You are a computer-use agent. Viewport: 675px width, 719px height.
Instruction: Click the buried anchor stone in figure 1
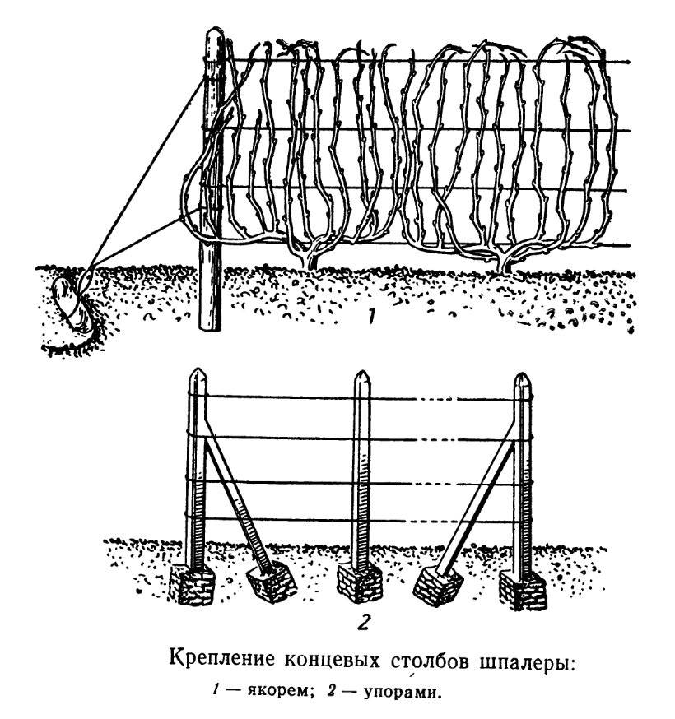point(72,303)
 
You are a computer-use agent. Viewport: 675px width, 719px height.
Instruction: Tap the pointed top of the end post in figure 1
point(214,30)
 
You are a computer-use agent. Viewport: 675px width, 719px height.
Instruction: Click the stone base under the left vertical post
point(192,586)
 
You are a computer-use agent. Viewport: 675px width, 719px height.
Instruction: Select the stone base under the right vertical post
point(523,589)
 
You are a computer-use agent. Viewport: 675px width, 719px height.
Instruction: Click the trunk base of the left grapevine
point(311,262)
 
